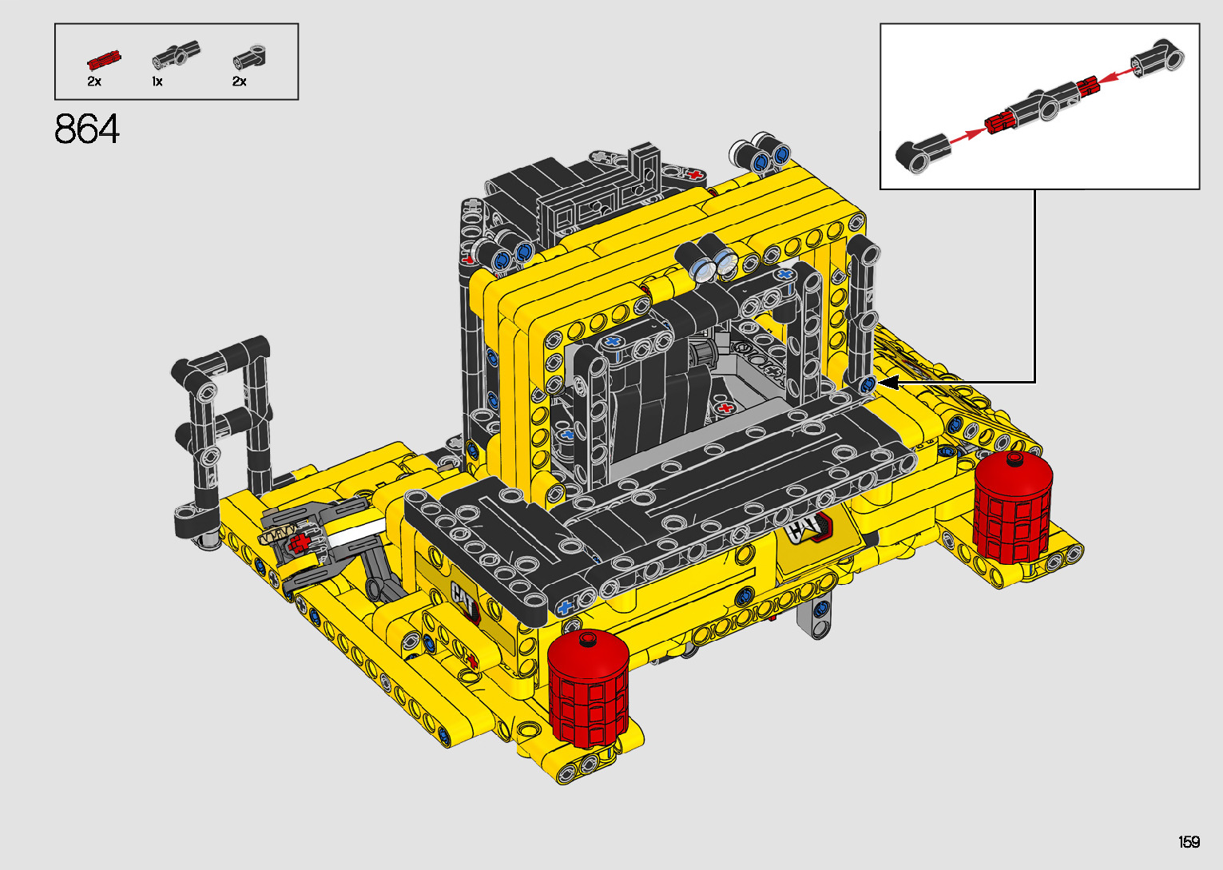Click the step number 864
tap(87, 129)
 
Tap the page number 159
tap(1189, 841)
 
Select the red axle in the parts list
tap(104, 60)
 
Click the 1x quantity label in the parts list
tap(157, 82)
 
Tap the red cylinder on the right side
tap(1013, 508)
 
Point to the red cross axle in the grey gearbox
tap(298, 543)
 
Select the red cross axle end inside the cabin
tap(725, 408)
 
